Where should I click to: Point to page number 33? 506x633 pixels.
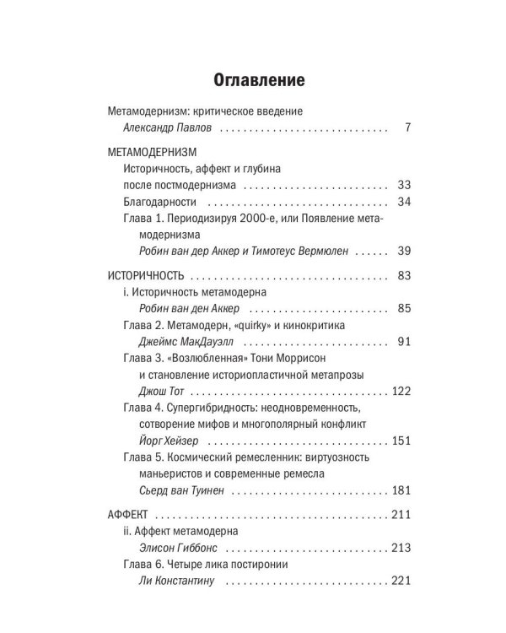click(x=402, y=185)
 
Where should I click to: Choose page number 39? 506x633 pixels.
click(x=402, y=251)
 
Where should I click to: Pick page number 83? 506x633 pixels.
click(x=402, y=275)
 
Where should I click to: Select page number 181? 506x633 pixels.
click(x=400, y=490)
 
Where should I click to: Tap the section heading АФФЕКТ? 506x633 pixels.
click(x=128, y=514)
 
